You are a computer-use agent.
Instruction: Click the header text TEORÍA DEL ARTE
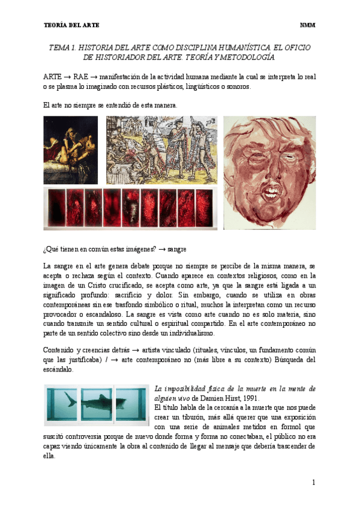pos(72,25)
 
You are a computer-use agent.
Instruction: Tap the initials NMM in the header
pos(307,25)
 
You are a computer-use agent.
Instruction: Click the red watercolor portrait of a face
pos(269,172)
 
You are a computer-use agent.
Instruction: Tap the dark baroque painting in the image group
pos(71,149)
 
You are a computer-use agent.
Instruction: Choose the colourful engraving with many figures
pos(162,149)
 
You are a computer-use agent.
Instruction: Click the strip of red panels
pos(131,208)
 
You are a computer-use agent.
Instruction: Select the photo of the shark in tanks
pos(96,405)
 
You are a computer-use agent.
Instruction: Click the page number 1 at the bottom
pos(313,482)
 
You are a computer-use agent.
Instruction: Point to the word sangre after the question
pos(177,248)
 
